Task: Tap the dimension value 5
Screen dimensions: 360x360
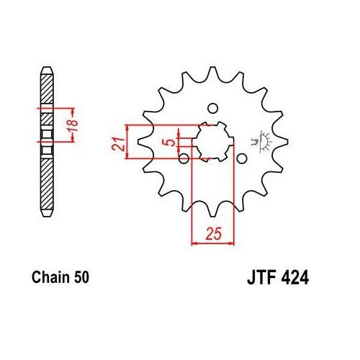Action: coord(168,143)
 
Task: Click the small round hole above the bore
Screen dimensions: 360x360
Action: coord(212,109)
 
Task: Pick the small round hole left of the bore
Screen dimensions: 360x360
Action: coord(184,158)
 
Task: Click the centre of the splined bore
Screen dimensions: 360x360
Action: coord(212,141)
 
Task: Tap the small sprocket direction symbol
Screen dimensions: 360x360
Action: coord(259,140)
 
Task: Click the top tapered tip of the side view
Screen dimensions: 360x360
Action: coord(46,72)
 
